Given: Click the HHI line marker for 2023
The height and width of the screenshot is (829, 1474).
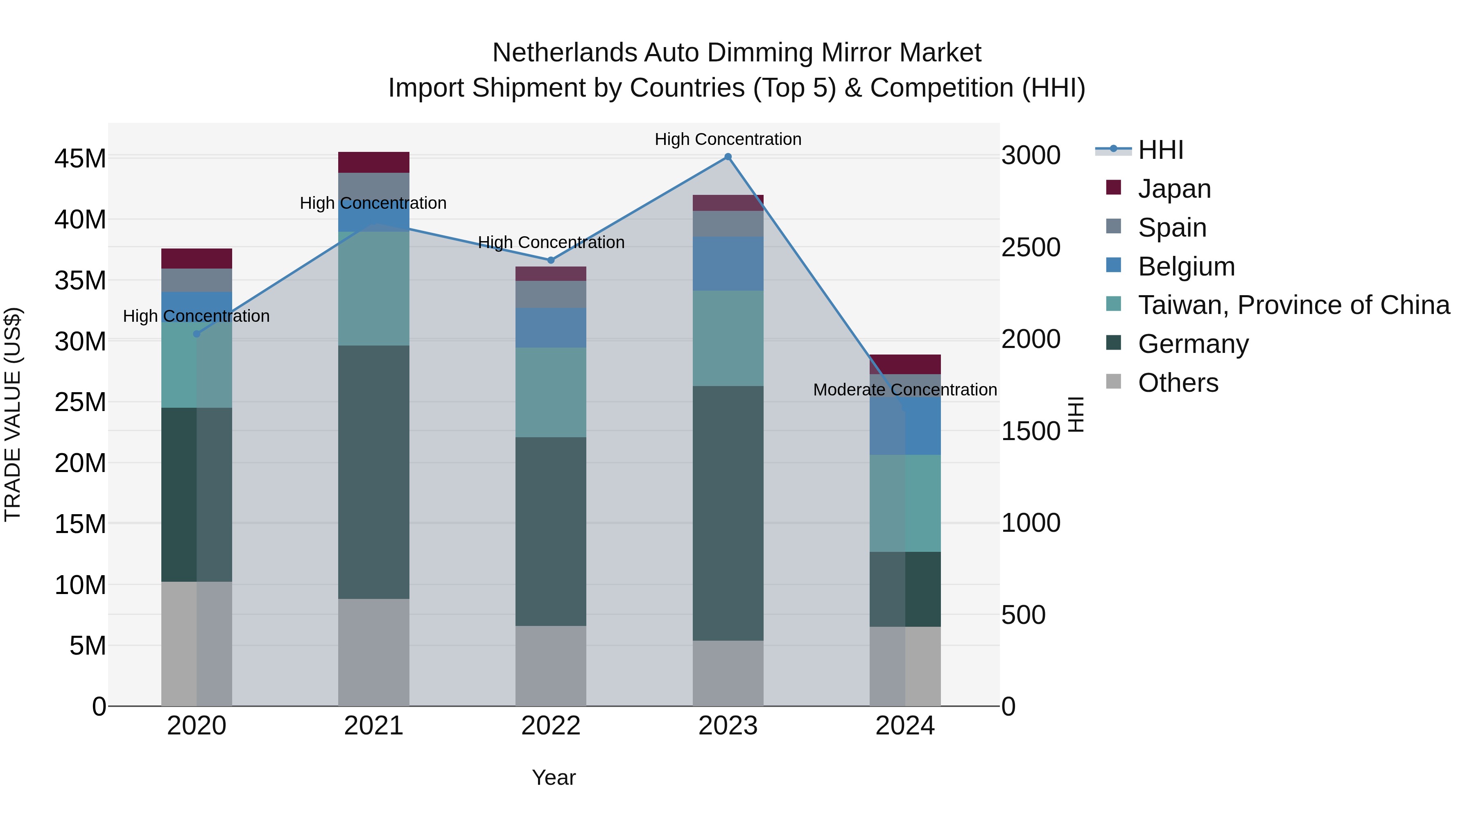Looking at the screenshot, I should (728, 157).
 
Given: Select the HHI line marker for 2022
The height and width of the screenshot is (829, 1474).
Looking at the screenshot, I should (551, 260).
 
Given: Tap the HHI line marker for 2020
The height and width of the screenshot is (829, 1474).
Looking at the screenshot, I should (197, 334).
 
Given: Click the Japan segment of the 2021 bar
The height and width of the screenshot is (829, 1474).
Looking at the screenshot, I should (374, 163).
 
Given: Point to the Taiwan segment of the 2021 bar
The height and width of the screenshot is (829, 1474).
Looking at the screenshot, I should (374, 288).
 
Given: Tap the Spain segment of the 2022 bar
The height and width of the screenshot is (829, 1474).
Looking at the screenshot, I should (551, 294).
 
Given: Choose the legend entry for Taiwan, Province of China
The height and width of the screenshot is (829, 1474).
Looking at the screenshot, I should (1293, 305).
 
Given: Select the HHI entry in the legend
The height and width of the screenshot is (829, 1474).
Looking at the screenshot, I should (1160, 150).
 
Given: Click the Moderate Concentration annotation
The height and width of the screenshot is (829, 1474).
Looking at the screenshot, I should (904, 390).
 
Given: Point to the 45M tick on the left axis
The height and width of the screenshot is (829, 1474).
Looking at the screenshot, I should (80, 158).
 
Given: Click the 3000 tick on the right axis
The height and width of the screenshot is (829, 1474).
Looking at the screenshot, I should (1031, 156).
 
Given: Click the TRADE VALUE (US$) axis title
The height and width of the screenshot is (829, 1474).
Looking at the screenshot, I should (13, 414).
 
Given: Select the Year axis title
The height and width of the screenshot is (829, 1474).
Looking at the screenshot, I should (553, 777).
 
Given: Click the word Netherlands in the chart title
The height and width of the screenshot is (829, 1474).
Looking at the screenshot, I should (564, 53).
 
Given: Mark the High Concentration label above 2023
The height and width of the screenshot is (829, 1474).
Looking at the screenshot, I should (728, 139).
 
